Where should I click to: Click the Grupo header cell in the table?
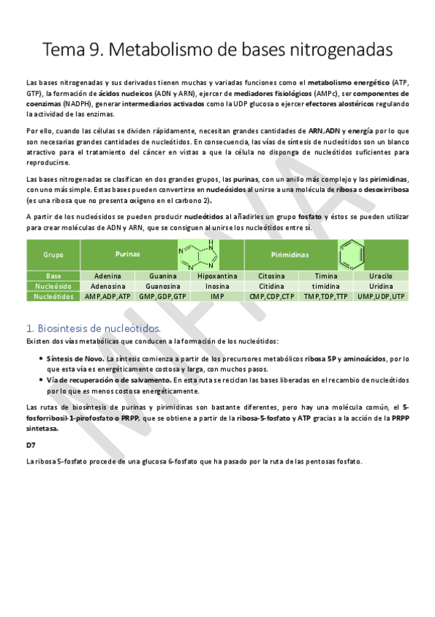point(53,255)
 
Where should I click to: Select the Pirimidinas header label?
point(290,255)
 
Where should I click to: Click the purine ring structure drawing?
point(196,255)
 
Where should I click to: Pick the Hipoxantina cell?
point(217,276)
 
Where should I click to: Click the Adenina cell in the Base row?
point(107,276)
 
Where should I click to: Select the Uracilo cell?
point(380,276)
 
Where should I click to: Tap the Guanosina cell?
point(163,287)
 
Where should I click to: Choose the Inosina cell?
point(217,287)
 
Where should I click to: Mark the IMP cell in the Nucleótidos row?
point(217,297)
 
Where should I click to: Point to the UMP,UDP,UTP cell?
point(380,297)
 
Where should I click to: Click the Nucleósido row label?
point(53,287)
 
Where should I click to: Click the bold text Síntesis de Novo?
point(75,359)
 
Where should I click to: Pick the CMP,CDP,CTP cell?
point(272,297)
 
